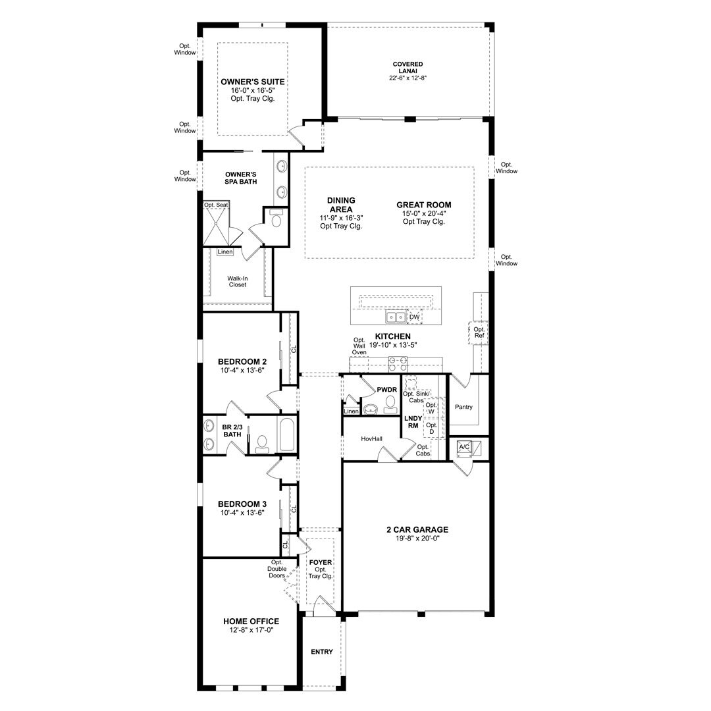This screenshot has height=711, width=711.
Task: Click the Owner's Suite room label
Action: click(x=253, y=82)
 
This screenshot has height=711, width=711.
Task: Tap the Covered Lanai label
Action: click(x=408, y=68)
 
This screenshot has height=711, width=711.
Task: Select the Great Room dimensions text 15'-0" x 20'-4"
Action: click(x=423, y=213)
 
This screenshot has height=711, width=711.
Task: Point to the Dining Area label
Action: click(x=341, y=205)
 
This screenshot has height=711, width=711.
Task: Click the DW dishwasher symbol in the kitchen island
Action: click(x=415, y=317)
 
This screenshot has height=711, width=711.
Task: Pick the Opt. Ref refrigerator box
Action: click(x=479, y=332)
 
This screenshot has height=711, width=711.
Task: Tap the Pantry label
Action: click(x=463, y=408)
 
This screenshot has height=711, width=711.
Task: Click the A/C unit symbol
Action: click(x=464, y=448)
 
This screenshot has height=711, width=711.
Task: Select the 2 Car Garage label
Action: click(x=417, y=529)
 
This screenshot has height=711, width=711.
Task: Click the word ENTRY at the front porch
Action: click(x=321, y=652)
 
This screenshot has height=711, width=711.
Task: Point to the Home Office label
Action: click(x=251, y=621)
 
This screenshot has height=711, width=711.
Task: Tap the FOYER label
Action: click(x=321, y=562)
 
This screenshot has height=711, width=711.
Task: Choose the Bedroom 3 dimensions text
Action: click(x=242, y=513)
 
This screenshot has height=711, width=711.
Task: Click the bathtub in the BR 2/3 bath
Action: click(x=286, y=434)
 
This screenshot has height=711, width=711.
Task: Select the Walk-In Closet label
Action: click(x=238, y=282)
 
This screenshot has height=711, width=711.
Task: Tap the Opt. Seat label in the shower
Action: click(x=216, y=205)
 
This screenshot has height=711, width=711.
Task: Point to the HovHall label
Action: click(x=371, y=439)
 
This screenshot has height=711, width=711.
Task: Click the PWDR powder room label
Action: click(x=387, y=390)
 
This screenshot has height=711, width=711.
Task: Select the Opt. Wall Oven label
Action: click(x=359, y=346)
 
